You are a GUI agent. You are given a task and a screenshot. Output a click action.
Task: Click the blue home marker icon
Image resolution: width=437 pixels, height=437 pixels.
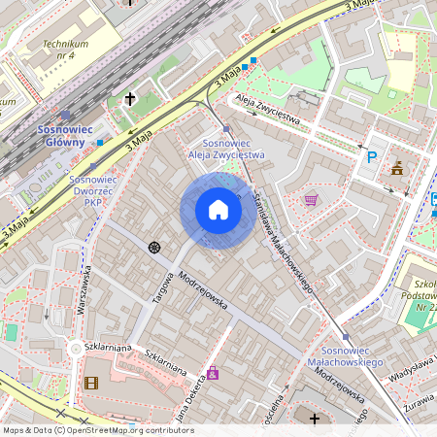218,210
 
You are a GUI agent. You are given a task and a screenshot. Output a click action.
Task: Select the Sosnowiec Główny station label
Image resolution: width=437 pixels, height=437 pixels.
65,135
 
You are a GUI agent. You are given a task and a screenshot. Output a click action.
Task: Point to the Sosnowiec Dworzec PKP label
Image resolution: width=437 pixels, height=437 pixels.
92,191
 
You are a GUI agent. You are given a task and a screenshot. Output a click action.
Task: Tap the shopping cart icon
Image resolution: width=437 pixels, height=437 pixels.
311,200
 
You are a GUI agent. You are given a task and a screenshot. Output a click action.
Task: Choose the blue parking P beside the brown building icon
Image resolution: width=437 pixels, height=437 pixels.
370,157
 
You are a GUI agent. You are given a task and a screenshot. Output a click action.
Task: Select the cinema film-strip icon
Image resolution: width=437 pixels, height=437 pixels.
91,383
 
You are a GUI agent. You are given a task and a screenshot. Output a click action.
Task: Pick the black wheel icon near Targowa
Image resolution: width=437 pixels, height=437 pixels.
153,247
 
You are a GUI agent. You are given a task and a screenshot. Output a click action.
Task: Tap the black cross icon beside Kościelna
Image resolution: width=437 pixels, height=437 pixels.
314,419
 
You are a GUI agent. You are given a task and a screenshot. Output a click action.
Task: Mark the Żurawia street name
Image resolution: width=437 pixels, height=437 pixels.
421,408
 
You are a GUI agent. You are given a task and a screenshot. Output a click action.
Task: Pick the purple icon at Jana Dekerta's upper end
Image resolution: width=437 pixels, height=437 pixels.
213,373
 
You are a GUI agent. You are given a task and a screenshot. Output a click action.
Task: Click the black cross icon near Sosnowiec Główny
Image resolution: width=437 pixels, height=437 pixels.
130,98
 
